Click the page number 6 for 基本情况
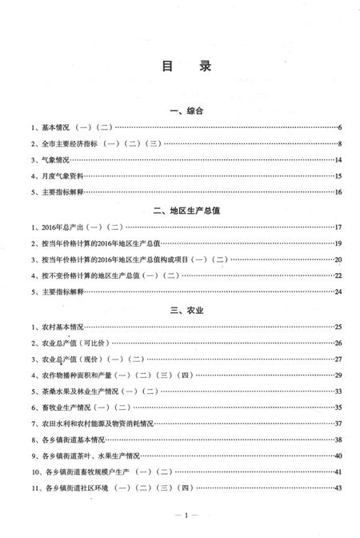tap(339, 128)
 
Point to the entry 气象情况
tap(49, 160)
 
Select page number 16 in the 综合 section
tap(338, 193)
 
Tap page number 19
tap(338, 244)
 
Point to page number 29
tap(338, 375)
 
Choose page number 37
tap(338, 424)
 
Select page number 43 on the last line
tap(338, 488)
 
